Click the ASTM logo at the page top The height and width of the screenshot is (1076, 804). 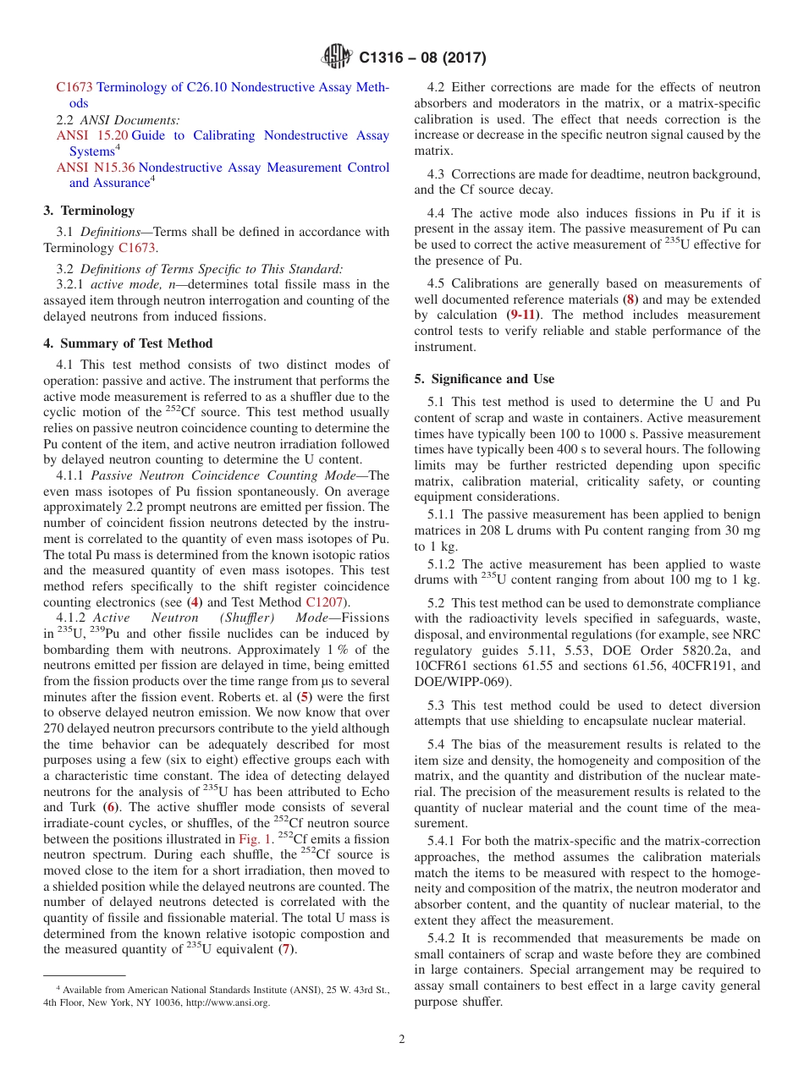click(x=337, y=58)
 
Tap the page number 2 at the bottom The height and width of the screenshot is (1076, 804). click(x=402, y=1040)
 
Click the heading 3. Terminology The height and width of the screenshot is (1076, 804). click(x=89, y=210)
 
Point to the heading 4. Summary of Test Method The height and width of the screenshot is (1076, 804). click(x=128, y=343)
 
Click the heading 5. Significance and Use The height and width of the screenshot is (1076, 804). click(x=484, y=379)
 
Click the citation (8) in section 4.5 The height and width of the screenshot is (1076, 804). click(x=629, y=299)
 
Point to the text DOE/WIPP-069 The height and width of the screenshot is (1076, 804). click(x=460, y=682)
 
